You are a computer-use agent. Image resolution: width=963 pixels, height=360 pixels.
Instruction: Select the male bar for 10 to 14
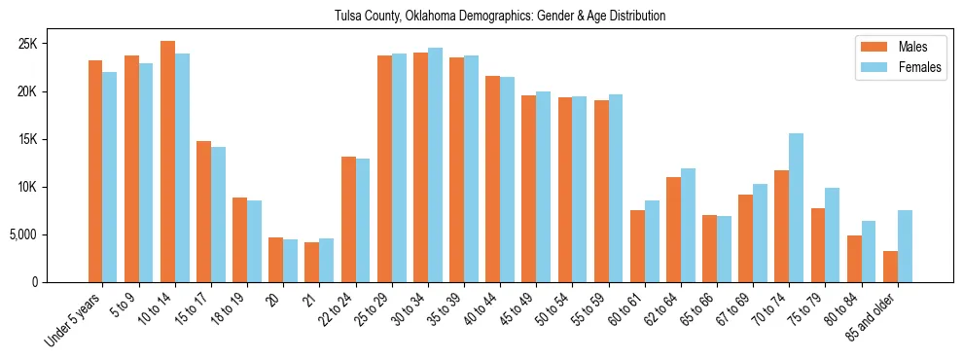[x=167, y=162]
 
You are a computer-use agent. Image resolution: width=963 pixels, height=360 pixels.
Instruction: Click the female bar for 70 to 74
[x=797, y=207]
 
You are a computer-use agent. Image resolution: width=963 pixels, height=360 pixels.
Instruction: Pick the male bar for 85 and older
[x=890, y=267]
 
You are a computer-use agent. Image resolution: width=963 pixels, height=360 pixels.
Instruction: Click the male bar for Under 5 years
[x=95, y=171]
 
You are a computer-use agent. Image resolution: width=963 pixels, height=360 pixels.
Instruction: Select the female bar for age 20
[x=291, y=261]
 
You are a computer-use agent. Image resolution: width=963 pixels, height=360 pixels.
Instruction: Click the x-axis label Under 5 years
[x=74, y=321]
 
